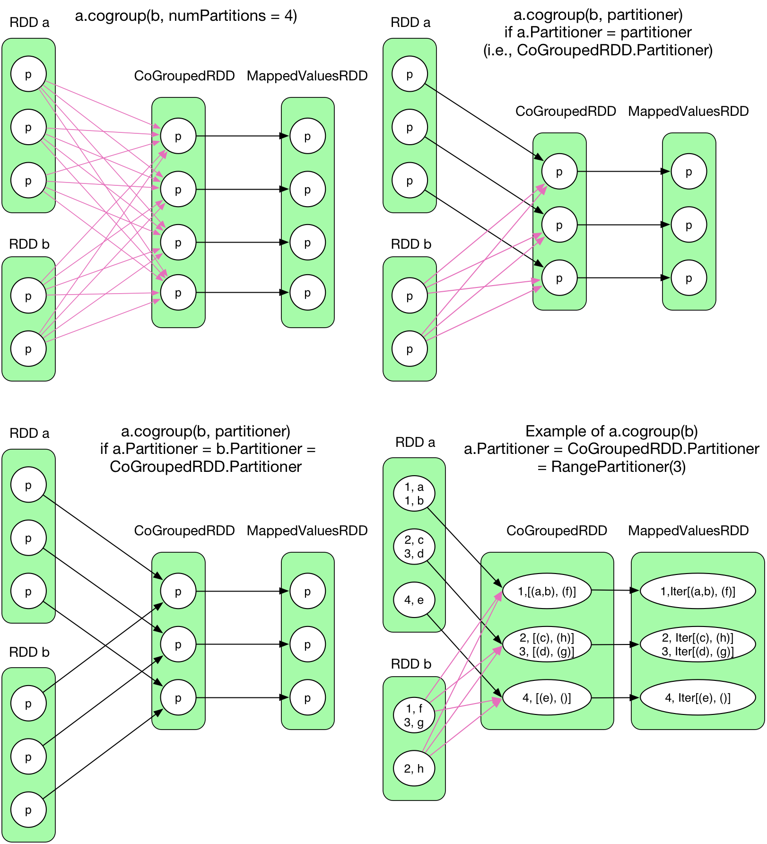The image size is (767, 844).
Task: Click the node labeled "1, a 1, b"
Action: pyautogui.click(x=414, y=494)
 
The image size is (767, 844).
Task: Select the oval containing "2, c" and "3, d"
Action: pyautogui.click(x=414, y=547)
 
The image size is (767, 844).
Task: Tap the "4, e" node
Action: pyautogui.click(x=414, y=600)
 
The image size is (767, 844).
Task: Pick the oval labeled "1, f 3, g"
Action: pyautogui.click(x=414, y=715)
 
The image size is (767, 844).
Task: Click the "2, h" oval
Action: pyautogui.click(x=414, y=768)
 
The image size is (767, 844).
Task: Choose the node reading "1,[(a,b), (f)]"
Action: pyautogui.click(x=547, y=591)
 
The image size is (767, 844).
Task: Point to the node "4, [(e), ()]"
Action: pyautogui.click(x=547, y=697)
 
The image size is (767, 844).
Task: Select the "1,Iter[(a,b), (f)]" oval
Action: pyautogui.click(x=697, y=591)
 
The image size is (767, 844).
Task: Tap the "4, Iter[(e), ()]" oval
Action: pyautogui.click(x=697, y=697)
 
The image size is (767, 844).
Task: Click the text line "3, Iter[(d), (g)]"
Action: pyautogui.click(x=697, y=652)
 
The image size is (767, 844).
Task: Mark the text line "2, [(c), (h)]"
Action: pyautogui.click(x=547, y=638)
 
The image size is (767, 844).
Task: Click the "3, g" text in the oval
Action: pyautogui.click(x=414, y=722)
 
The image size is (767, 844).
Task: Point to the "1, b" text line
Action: pyautogui.click(x=414, y=501)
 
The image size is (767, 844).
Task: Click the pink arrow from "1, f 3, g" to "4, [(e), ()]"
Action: pyautogui.click(x=468, y=705)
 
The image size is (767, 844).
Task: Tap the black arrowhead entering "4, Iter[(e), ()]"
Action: pyautogui.click(x=636, y=697)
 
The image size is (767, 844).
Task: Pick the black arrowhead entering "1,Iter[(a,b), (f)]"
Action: pyautogui.click(x=636, y=591)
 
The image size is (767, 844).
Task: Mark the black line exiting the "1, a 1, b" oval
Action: pyautogui.click(x=436, y=517)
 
